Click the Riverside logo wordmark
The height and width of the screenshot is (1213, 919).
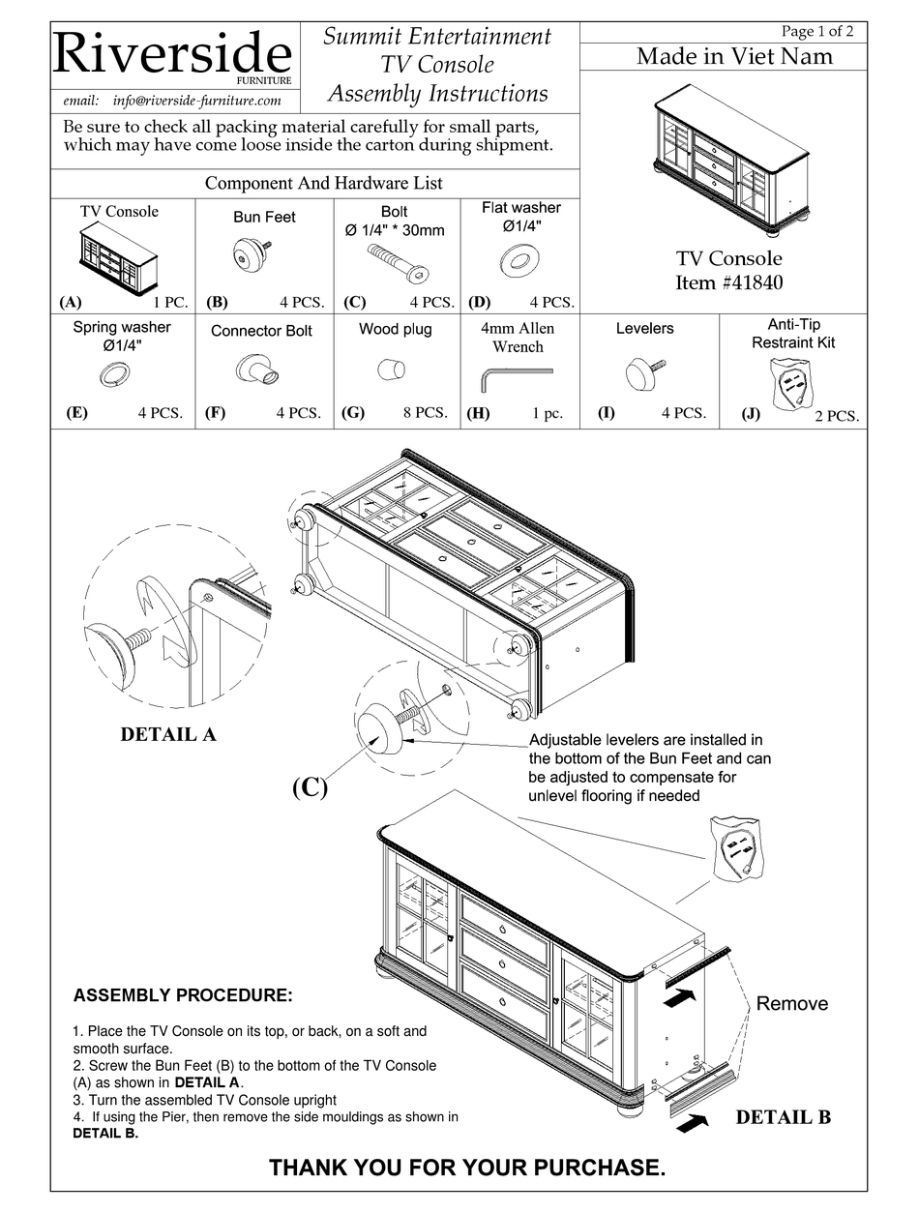tap(172, 54)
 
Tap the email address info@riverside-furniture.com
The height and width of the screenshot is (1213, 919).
tap(172, 101)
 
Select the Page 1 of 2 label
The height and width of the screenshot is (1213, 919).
tap(817, 31)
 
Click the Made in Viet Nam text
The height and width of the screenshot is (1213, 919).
tap(734, 56)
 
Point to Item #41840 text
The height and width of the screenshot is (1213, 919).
tap(728, 282)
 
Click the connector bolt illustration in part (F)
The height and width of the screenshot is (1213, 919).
tap(257, 370)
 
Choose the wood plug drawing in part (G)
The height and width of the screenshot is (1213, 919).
tap(391, 370)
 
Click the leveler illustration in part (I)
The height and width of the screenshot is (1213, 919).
tap(642, 371)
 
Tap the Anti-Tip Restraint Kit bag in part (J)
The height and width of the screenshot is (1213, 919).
tap(792, 384)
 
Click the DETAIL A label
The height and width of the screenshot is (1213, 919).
tap(168, 734)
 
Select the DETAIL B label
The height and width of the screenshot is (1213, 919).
tap(783, 1117)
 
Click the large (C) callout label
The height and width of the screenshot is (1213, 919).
tap(310, 787)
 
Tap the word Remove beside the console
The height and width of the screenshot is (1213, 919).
tap(791, 1003)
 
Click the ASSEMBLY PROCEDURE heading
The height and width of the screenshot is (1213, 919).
tap(183, 995)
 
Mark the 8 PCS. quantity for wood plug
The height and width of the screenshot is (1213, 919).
tap(425, 412)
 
